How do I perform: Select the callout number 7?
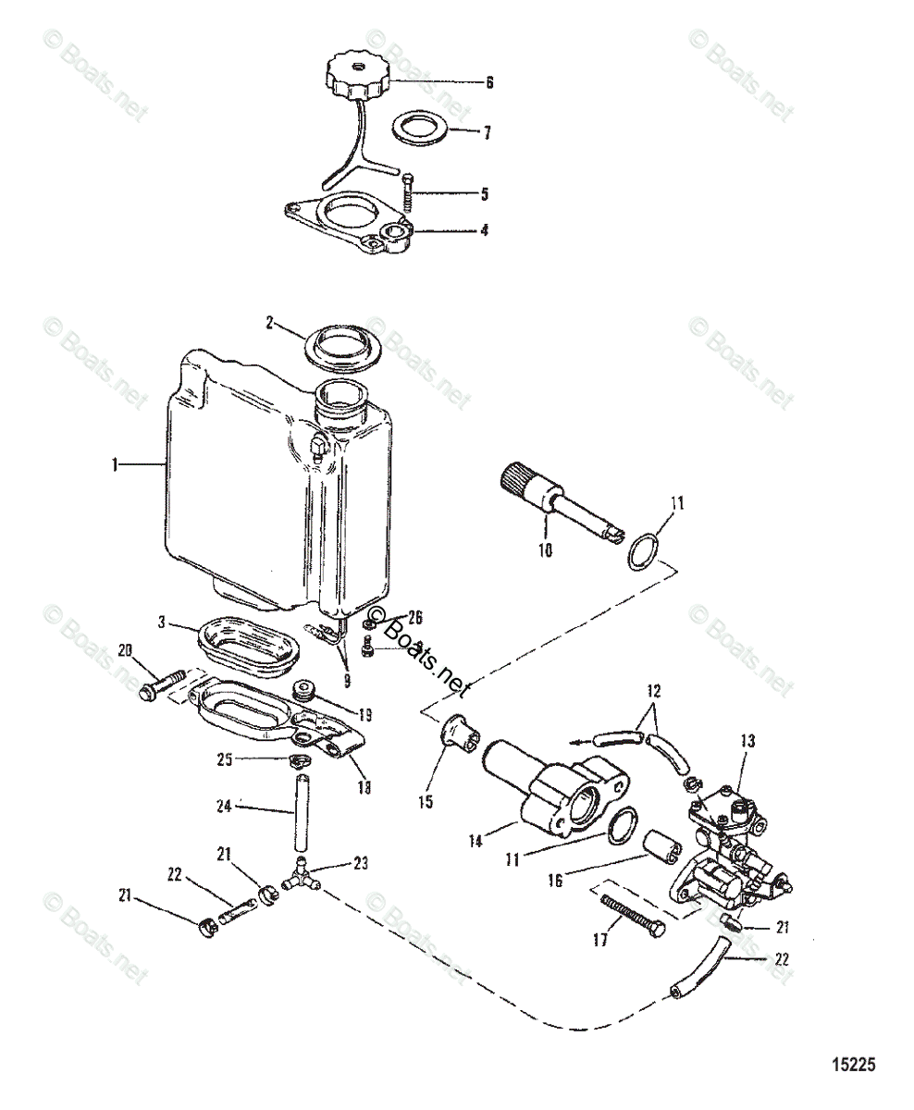point(487,132)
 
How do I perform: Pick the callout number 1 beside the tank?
point(116,465)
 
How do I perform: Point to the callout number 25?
point(225,759)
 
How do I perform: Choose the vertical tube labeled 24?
point(299,815)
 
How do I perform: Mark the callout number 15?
point(426,803)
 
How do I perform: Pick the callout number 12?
point(654,691)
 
